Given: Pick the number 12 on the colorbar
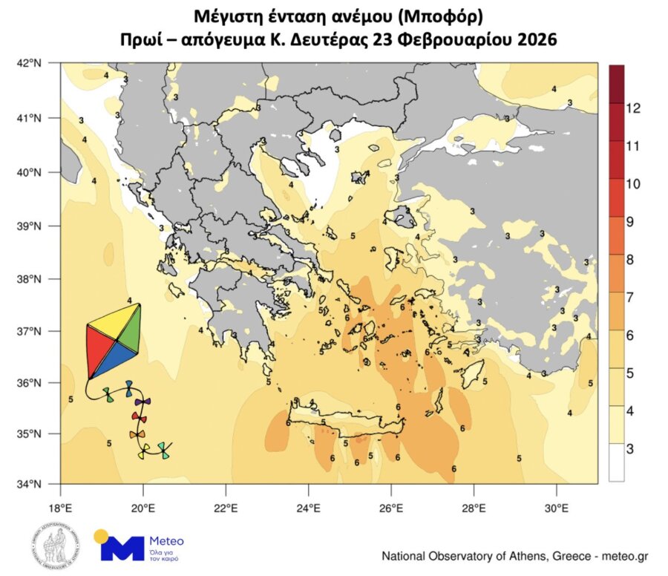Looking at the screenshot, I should click(632, 108).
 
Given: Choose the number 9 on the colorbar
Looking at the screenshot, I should click(629, 221).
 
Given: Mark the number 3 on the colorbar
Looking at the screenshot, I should click(629, 448).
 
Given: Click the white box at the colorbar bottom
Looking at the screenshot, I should click(616, 463).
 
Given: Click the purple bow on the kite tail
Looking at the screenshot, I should click(142, 402).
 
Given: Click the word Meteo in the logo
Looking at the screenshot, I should click(166, 541).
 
